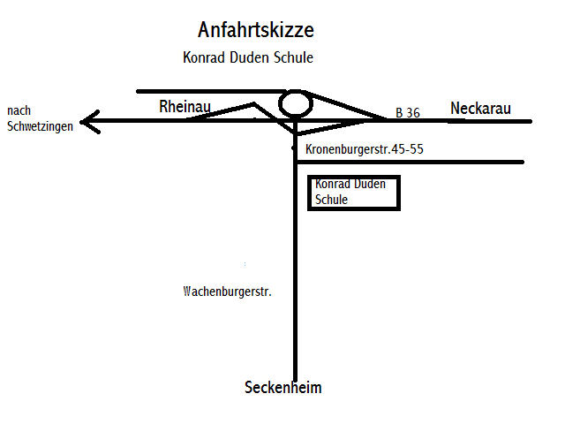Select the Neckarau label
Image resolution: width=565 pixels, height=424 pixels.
pyautogui.click(x=481, y=108)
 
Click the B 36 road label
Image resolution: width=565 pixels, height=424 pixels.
pyautogui.click(x=407, y=113)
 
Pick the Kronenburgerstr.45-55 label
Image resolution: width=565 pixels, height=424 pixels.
pyautogui.click(x=365, y=149)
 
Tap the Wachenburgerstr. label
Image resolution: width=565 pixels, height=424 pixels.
pyautogui.click(x=226, y=291)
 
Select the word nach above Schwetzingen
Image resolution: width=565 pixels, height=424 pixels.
pyautogui.click(x=19, y=110)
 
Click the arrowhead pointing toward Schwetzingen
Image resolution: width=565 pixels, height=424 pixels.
pyautogui.click(x=87, y=121)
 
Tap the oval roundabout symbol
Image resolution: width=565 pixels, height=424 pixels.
pyautogui.click(x=296, y=104)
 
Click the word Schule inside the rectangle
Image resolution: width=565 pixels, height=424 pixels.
pyautogui.click(x=332, y=200)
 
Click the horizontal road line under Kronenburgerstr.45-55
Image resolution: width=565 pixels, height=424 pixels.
pyautogui.click(x=415, y=162)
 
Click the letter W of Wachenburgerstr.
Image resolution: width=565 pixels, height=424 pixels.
pyautogui.click(x=186, y=291)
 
